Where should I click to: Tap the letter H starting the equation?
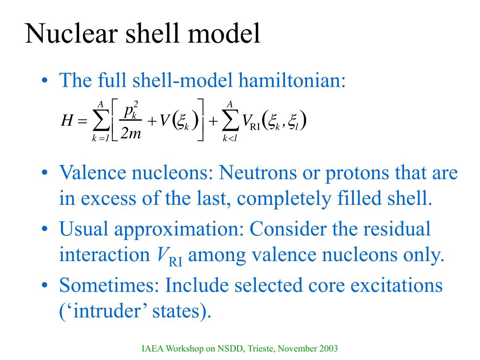click(x=67, y=122)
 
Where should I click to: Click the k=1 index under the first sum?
click(x=100, y=138)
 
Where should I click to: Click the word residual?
click(x=399, y=229)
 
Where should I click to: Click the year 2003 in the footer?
click(x=328, y=348)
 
